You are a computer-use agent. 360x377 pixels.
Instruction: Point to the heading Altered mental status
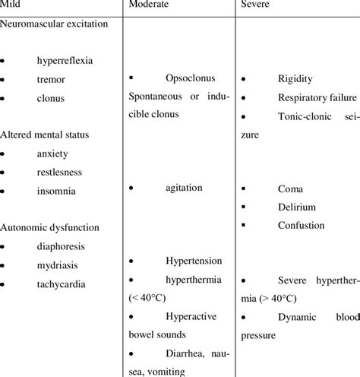[x=46, y=135]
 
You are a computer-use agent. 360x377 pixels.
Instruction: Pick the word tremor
[x=51, y=79]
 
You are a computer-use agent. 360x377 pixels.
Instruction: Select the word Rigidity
[x=295, y=79]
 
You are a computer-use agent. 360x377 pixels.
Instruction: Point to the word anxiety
[x=52, y=153]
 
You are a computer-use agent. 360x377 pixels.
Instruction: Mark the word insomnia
[x=55, y=191]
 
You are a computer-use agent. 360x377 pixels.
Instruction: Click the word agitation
[x=183, y=191]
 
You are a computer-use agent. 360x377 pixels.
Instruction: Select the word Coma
[x=290, y=188]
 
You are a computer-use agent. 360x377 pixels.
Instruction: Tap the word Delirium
[x=297, y=206]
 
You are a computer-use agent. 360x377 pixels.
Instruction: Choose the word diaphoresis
[x=62, y=246]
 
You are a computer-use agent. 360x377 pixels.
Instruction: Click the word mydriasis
[x=58, y=265]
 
